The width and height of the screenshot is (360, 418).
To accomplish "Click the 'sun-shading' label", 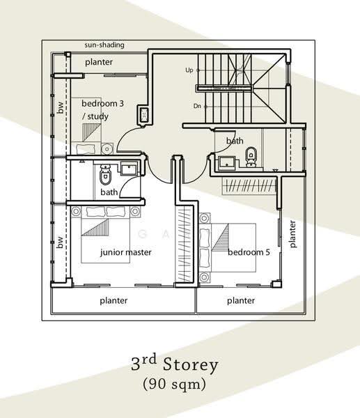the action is [x=104, y=45].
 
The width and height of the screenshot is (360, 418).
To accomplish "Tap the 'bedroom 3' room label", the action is [x=102, y=103].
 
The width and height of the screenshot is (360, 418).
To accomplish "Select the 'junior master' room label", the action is [x=126, y=252].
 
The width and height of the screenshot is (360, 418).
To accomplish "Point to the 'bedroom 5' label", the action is [x=249, y=252].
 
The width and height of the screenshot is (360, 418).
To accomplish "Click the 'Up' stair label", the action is [x=189, y=70].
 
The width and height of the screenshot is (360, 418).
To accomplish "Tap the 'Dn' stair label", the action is [x=197, y=106].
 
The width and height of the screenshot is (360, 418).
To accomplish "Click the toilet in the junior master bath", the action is [x=105, y=175].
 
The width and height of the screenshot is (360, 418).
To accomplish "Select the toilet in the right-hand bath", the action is [x=251, y=157].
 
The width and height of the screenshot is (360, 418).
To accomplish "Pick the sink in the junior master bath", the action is [x=129, y=169].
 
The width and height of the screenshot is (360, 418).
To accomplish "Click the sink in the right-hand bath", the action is [x=227, y=164].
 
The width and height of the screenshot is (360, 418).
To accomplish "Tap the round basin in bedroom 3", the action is [x=107, y=149].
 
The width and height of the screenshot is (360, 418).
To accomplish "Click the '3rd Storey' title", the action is [x=175, y=364].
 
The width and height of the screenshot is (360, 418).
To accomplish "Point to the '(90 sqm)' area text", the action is [x=175, y=384].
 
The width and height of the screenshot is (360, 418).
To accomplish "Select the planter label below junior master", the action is [x=114, y=301].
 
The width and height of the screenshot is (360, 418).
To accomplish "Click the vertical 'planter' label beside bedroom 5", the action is [x=292, y=234].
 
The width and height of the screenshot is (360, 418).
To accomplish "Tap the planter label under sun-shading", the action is [x=99, y=62].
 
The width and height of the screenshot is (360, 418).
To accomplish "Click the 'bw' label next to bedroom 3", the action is [x=61, y=107].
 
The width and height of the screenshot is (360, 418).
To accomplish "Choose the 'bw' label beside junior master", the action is [x=61, y=242].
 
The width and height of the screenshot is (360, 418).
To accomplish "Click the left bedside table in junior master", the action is [x=76, y=211].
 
